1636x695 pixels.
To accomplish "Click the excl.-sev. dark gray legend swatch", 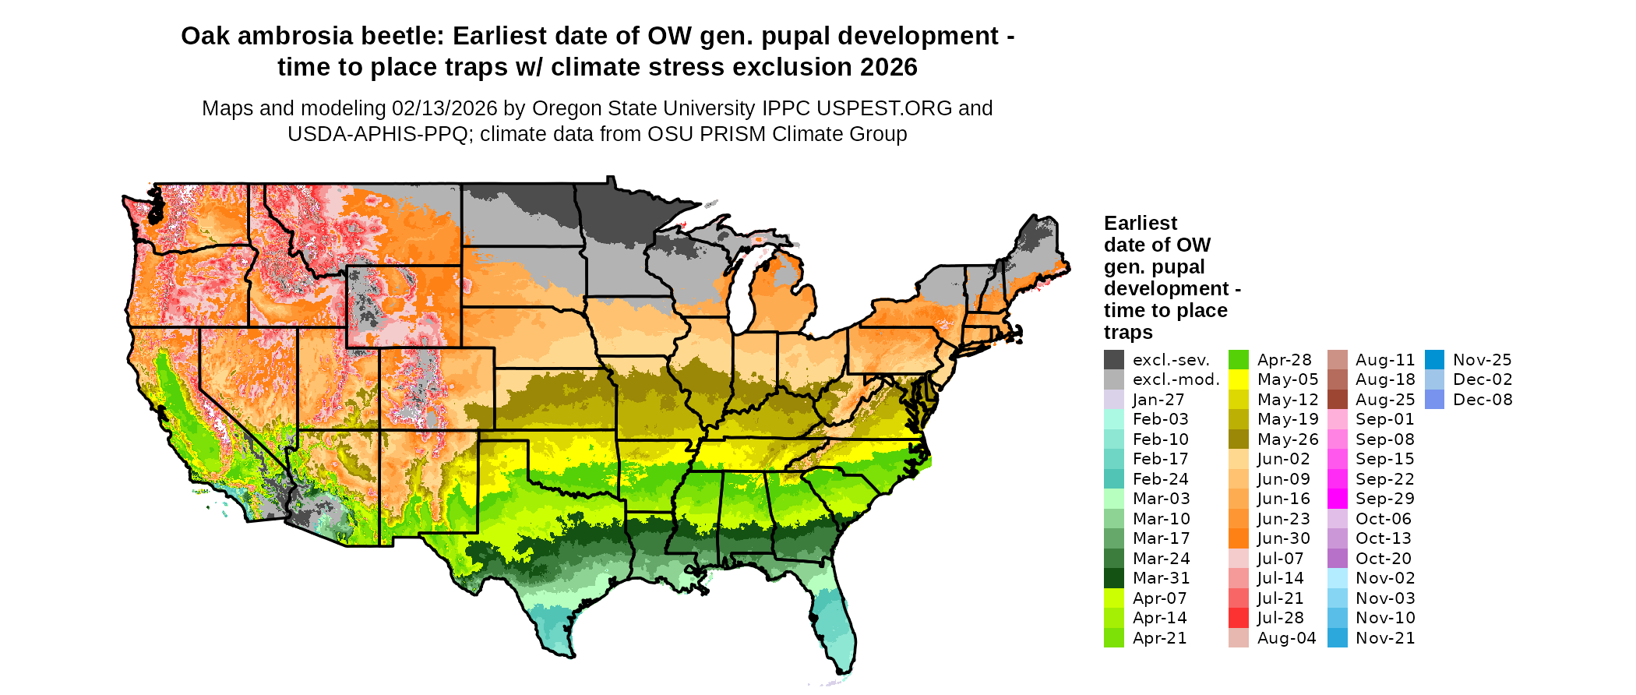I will pos(1113,360).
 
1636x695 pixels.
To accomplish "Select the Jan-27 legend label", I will pos(1158,400).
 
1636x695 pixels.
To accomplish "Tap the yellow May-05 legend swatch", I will pos(1238,379).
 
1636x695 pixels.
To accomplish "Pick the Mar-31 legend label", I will pos(1161,578).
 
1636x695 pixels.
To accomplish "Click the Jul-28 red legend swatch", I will pos(1238,618).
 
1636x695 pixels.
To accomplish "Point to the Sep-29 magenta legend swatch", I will pos(1337,499).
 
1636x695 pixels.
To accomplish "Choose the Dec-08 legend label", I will pos(1483,400).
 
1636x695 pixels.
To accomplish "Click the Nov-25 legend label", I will pos(1482,360).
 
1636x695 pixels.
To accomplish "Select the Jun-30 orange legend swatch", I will pos(1238,538).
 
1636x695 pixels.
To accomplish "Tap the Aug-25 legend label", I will pos(1384,400).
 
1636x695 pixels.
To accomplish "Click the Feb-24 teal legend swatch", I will pos(1113,479).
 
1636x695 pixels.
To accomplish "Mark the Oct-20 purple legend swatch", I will pos(1337,559).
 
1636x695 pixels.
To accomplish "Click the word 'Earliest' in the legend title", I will pos(1141,224).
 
